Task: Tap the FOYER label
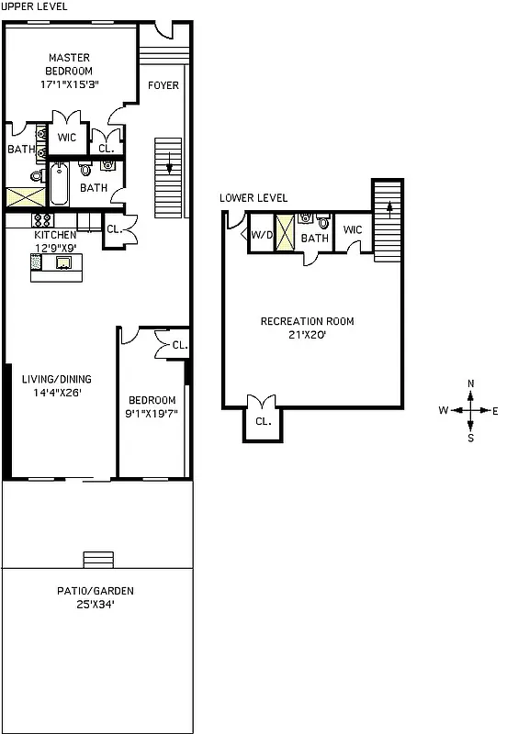coord(163,85)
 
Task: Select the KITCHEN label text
coord(56,235)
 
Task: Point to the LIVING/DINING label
coord(57,379)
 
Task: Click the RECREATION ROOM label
coord(307,321)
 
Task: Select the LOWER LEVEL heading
coord(253,197)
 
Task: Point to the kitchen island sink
coord(64,263)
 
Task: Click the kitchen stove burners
coord(42,220)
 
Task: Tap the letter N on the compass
coord(470,384)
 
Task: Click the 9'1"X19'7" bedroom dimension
coord(152,413)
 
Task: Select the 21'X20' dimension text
coord(307,335)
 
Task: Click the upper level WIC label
coord(66,138)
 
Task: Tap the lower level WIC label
coord(353,229)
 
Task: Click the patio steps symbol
coord(96,559)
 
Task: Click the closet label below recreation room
coord(263,422)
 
